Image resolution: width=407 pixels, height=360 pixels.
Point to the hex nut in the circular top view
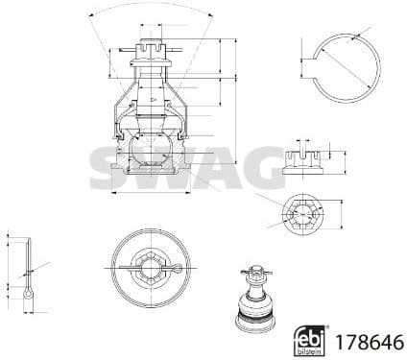pyautogui.click(x=148, y=263)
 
